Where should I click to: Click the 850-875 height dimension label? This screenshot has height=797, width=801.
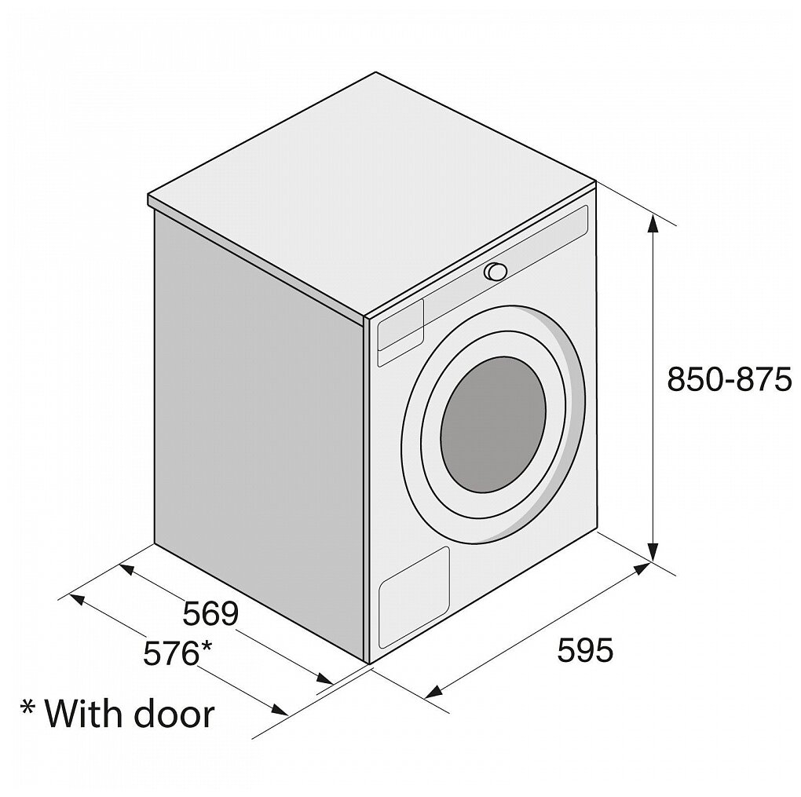point(726,380)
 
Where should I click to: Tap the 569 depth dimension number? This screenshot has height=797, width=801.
point(210,613)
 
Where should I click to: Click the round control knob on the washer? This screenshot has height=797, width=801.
point(496,272)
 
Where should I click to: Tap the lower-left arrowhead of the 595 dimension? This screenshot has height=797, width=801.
point(431,692)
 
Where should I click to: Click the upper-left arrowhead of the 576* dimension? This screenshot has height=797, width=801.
point(77,599)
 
